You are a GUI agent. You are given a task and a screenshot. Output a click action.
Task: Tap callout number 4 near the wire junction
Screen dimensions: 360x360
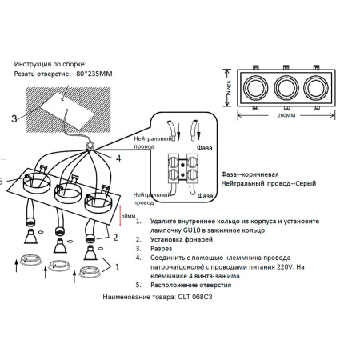pyautogui.click(x=118, y=158)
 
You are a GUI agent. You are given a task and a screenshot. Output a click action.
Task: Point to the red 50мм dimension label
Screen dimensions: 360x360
pyautogui.click(x=126, y=216)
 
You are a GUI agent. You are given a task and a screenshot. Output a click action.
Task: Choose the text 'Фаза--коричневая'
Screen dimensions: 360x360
pyautogui.click(x=252, y=174)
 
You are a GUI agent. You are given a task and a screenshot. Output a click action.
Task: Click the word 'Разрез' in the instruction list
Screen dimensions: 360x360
pyautogui.click(x=163, y=248)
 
